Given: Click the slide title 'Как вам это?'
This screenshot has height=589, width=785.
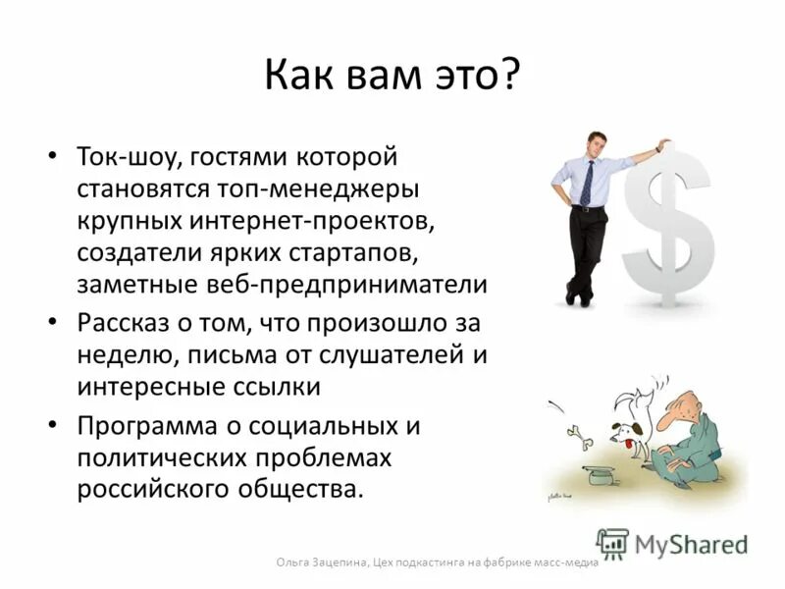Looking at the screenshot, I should pos(392,77).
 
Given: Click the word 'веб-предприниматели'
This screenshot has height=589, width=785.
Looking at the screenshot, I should pos(362,286).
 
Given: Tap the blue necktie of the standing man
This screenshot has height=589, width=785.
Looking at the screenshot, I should pos(587,184).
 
